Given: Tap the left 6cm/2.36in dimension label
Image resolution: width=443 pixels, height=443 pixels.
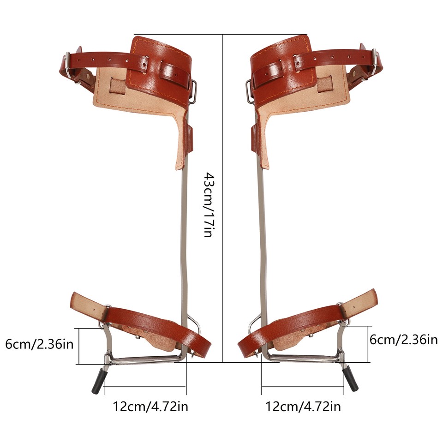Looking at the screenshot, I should coord(39,344).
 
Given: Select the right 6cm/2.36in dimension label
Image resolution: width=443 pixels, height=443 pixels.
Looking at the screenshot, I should coord(404,340).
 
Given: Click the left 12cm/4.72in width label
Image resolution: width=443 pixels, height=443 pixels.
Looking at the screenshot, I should coord(150,407).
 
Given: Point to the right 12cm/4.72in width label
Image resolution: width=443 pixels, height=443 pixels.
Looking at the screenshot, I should coord(303,407).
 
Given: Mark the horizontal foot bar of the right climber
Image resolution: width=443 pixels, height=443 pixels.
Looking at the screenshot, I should coord(305,358).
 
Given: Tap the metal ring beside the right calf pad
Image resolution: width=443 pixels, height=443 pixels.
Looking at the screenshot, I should coord(249,90).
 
